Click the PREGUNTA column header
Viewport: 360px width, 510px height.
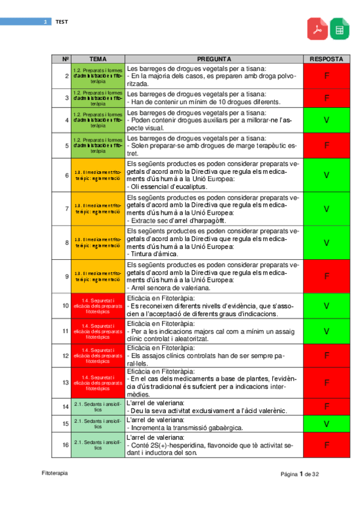pos(214,60)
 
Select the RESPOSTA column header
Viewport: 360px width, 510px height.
pos(326,60)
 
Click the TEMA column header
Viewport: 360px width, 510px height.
pos(98,60)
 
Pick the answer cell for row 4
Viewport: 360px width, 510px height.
pos(326,120)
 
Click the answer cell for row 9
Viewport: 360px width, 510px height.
pos(326,276)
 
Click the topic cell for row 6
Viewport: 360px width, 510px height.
pos(98,175)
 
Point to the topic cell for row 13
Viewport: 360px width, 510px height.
pos(98,382)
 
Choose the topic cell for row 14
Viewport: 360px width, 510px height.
pos(98,407)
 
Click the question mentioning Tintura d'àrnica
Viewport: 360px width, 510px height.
pos(214,242)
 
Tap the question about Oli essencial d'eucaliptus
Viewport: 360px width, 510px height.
pos(214,175)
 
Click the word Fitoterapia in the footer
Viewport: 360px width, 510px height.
pos(55,473)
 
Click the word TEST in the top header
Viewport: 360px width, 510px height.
pos(62,22)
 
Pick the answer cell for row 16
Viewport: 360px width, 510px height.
pos(326,445)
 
